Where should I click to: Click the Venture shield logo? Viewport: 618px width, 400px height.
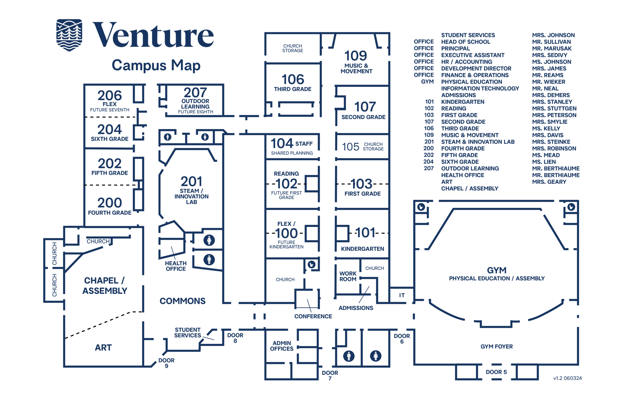[x=69, y=35]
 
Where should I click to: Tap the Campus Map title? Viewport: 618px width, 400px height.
[x=156, y=65]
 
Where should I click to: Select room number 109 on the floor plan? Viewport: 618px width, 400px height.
[x=356, y=56]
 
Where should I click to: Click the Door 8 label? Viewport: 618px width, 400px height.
[x=235, y=338]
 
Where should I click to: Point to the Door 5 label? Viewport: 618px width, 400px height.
[x=496, y=372]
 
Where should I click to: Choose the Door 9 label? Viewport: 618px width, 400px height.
[x=167, y=363]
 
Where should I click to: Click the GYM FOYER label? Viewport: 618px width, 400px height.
[x=497, y=347]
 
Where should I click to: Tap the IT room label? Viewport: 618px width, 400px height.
[x=402, y=295]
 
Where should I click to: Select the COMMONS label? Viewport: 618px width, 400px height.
[x=183, y=301]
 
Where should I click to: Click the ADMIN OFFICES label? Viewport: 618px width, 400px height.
[x=282, y=346]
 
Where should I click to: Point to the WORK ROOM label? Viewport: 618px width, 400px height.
[x=348, y=277]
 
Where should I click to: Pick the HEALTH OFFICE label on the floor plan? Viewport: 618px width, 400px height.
[x=176, y=266]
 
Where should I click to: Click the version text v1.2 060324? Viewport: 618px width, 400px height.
[x=568, y=378]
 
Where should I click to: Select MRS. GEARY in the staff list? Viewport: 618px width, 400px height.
[x=549, y=182]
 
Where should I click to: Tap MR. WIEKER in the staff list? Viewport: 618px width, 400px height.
[x=549, y=82]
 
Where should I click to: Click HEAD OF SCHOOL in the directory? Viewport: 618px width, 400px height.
[x=466, y=42]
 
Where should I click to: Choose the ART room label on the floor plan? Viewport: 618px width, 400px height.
[x=103, y=348]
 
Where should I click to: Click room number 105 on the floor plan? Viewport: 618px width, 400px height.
[x=350, y=147]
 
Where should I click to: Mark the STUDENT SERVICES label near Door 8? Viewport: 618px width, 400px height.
[x=188, y=333]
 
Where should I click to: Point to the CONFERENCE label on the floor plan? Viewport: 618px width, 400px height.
[x=313, y=316]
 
